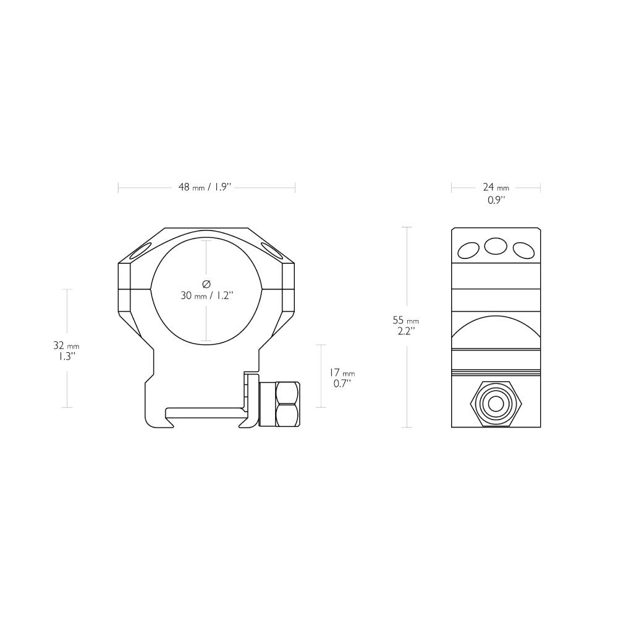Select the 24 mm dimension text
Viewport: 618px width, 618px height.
pos(496,187)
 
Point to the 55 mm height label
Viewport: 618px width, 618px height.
pos(405,320)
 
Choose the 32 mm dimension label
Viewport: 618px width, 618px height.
pos(66,345)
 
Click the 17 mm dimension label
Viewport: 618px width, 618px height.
pos(341,373)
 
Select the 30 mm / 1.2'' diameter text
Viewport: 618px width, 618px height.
pos(206,295)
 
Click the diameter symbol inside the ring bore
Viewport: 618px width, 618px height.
pos(206,284)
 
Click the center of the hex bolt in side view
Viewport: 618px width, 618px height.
pos(496,404)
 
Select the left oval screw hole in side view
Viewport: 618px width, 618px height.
pos(468,250)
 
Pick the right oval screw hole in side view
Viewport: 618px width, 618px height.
pos(523,250)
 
